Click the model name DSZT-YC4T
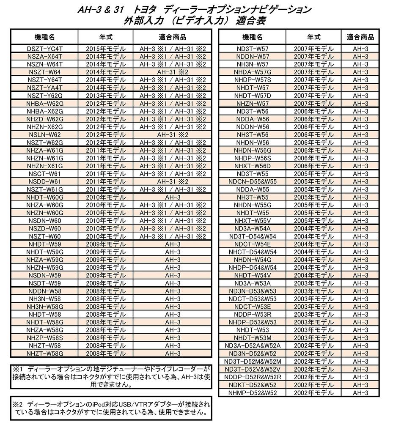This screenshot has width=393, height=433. pos(44,49)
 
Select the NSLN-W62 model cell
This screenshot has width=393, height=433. pos(44,134)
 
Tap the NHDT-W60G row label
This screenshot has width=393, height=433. pos(44,197)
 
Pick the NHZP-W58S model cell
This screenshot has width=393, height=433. pos(44,337)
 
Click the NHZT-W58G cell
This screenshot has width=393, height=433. pos(44,353)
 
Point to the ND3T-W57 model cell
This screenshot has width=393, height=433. pos(253,49)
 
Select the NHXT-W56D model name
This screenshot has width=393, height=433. pos(253,166)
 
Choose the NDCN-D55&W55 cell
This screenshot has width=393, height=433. pos(253,181)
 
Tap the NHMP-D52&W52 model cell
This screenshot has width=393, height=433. pos(253,392)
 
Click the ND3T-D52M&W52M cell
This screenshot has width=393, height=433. pos(253,361)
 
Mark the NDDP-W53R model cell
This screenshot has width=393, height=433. pos(253,314)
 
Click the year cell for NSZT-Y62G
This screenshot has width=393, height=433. pos(106,95)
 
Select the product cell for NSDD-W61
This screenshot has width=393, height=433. pos(173,181)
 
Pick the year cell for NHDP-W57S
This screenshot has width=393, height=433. pos(313,80)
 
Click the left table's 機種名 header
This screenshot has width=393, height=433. pos(44,36)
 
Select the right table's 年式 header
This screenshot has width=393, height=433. pos(313,36)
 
